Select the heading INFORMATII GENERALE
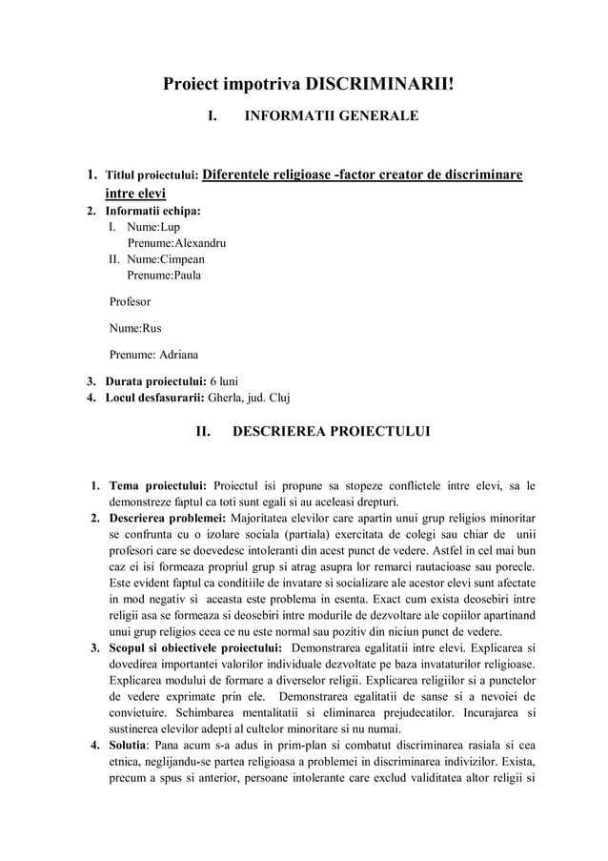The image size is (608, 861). click(x=332, y=117)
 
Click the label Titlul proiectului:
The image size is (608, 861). click(x=152, y=176)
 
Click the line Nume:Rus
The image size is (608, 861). click(x=135, y=329)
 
